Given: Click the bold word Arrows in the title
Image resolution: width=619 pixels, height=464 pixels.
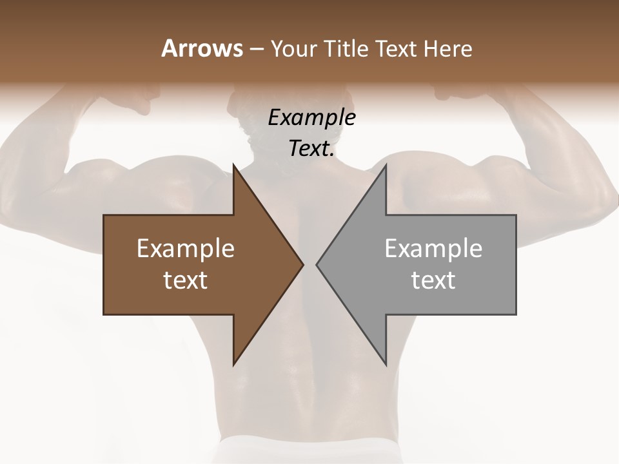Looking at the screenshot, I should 202,48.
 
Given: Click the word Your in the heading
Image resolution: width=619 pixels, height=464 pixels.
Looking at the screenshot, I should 293,49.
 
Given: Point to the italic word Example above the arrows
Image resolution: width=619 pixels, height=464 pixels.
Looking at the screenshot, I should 311,118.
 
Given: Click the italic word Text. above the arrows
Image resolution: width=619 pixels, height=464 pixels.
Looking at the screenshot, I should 311,149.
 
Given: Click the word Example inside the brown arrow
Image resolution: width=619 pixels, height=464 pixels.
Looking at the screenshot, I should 186,249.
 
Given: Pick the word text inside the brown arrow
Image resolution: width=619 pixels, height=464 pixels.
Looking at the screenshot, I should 186,280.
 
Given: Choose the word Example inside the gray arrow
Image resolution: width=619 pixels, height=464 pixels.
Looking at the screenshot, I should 433,249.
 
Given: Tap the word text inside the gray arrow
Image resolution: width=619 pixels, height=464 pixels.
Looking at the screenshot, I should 433,280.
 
